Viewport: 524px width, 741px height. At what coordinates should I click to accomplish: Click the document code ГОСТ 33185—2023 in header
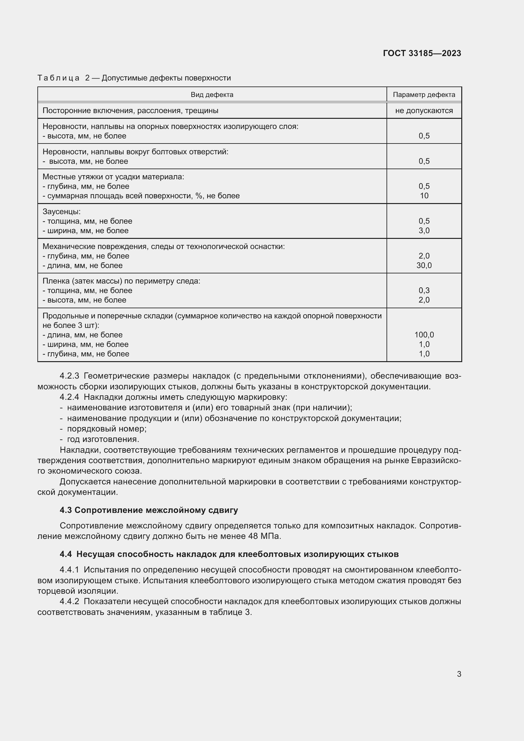(x=422, y=53)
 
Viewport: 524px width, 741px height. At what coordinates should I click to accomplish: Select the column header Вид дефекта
(x=212, y=94)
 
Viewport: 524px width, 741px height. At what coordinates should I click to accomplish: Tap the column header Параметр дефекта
(x=424, y=94)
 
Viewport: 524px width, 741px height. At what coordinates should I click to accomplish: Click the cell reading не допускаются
(x=424, y=111)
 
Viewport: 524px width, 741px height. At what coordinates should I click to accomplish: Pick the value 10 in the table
(x=424, y=195)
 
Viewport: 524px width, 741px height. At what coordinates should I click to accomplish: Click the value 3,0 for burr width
(x=424, y=230)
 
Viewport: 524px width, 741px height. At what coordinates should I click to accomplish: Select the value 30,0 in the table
(x=424, y=265)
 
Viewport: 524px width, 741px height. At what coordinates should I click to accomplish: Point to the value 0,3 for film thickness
(x=424, y=291)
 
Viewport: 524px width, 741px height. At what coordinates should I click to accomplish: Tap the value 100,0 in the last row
(x=424, y=335)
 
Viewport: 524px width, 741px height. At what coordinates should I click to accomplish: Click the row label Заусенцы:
(x=62, y=212)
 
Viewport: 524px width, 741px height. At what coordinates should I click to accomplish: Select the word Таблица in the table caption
(x=58, y=78)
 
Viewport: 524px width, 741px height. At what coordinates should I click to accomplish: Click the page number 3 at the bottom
(x=459, y=674)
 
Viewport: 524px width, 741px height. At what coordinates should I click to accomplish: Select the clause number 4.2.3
(x=69, y=376)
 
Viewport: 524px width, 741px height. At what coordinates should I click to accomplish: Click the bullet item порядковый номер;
(x=106, y=429)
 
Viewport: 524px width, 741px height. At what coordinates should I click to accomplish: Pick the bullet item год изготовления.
(x=103, y=439)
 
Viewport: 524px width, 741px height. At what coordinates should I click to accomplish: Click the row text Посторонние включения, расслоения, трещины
(x=130, y=111)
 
